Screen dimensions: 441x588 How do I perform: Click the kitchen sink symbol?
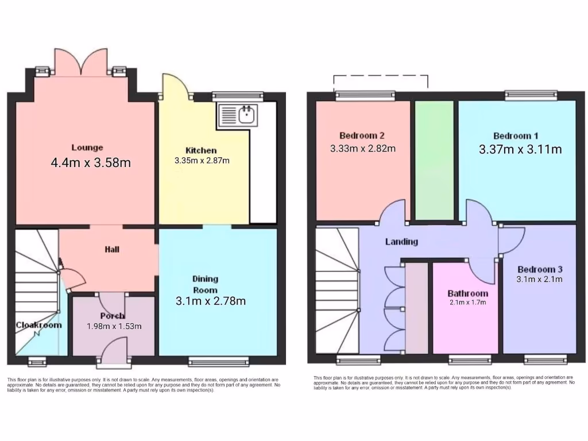(x=239, y=115)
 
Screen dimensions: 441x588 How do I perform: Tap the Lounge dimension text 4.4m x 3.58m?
(x=91, y=163)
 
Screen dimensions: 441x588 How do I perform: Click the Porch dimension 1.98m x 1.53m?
(x=114, y=326)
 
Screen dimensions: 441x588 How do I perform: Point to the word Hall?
(x=112, y=250)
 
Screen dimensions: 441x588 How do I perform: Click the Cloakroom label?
(x=38, y=324)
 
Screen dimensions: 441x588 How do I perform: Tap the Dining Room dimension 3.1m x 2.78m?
(x=211, y=301)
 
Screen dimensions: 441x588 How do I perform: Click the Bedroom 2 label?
(x=362, y=136)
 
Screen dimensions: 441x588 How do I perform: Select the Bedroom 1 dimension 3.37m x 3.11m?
(x=520, y=150)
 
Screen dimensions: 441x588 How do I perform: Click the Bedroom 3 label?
(x=540, y=269)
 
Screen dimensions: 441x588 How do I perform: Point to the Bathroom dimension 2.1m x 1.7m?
(x=467, y=302)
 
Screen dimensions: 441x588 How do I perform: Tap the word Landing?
(x=401, y=242)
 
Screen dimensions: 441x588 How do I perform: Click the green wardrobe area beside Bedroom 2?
(x=435, y=160)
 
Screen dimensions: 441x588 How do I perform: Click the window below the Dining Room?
(x=219, y=361)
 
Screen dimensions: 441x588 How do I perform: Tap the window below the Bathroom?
(x=470, y=360)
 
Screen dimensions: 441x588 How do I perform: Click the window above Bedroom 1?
(x=531, y=95)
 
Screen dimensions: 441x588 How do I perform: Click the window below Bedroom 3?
(x=546, y=360)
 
